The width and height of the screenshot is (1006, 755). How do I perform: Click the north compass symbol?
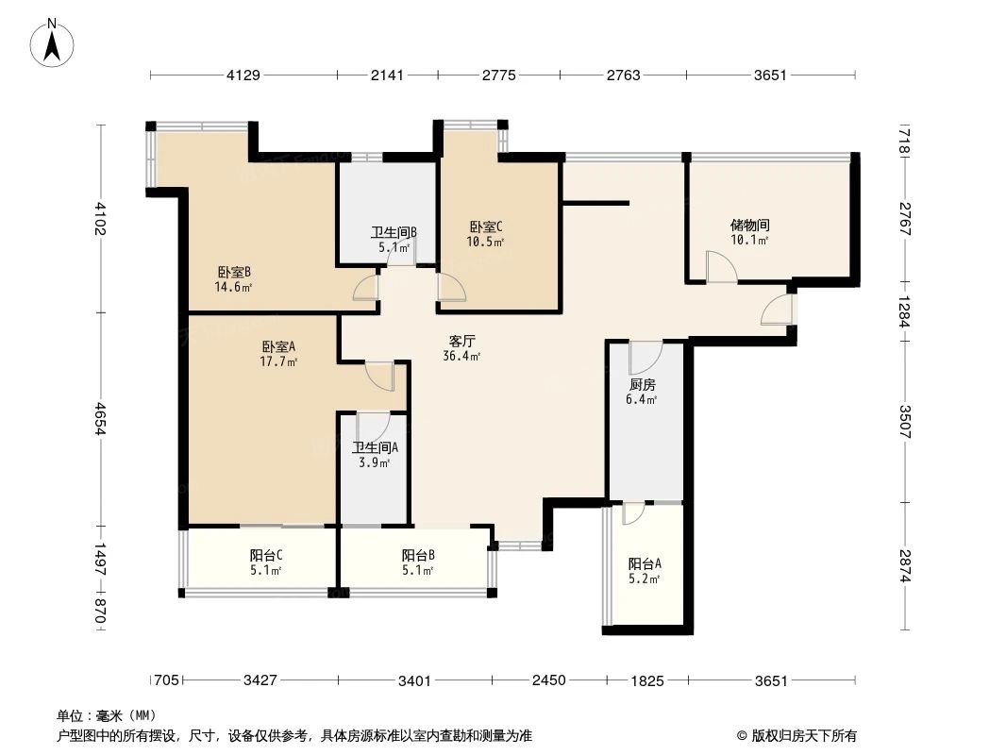(x=53, y=43)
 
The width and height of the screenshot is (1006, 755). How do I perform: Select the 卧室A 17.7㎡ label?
(x=279, y=353)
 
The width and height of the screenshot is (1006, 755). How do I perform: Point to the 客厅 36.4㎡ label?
(x=461, y=348)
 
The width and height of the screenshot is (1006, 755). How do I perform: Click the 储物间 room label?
(x=750, y=232)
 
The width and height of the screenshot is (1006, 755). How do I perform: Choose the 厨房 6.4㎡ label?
(x=642, y=392)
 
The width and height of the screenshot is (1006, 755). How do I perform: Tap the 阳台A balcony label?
(x=645, y=570)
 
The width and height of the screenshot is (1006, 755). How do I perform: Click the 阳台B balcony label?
(x=417, y=562)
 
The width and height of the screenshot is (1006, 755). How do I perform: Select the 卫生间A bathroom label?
(x=375, y=455)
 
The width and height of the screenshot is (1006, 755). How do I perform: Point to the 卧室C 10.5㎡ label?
(x=486, y=233)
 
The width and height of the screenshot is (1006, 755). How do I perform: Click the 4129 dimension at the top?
(x=243, y=75)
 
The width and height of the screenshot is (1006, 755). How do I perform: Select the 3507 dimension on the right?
(x=904, y=417)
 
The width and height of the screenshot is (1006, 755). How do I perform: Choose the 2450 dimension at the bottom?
(x=547, y=680)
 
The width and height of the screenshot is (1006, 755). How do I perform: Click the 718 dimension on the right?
(x=904, y=143)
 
